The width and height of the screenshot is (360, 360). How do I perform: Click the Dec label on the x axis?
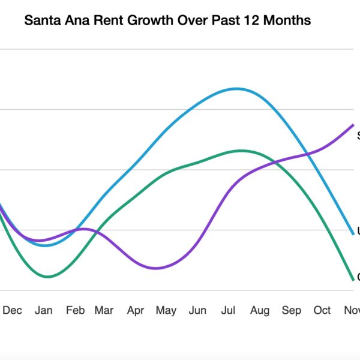coord(13,310)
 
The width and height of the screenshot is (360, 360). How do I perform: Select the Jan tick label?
coord(44,310)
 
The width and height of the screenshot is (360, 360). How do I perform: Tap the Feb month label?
coord(75,310)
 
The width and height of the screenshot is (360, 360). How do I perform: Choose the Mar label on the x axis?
coord(104,310)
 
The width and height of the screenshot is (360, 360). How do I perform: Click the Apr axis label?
coord(136,310)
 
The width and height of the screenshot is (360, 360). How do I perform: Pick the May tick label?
coord(166,310)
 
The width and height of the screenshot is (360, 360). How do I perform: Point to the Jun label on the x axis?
coord(197,310)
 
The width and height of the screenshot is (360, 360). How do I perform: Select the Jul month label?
coord(229,310)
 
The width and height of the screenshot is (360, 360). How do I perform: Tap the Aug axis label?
coord(260,310)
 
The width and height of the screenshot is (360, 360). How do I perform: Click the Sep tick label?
coord(291,310)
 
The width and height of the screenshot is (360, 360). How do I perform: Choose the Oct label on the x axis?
coord(322,310)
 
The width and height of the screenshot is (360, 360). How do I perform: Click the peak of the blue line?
coord(237,89)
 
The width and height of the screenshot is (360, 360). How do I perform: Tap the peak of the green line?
coord(241,151)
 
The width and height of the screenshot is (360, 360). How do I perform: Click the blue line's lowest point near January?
coord(46,245)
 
